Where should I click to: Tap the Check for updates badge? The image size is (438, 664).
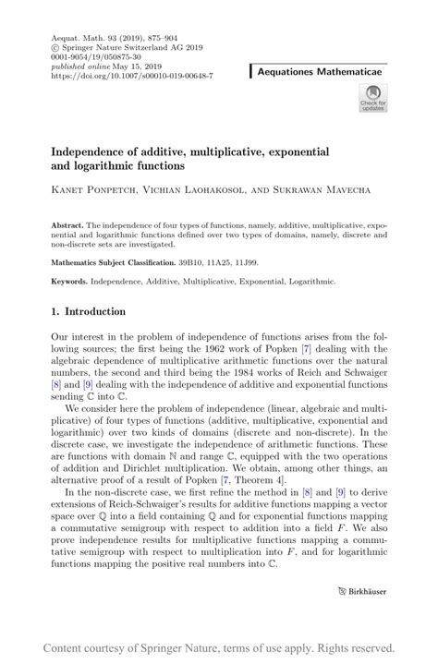tap(373, 96)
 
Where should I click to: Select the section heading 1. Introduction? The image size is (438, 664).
tap(88, 312)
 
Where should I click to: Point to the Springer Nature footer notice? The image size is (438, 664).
tap(219, 646)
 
